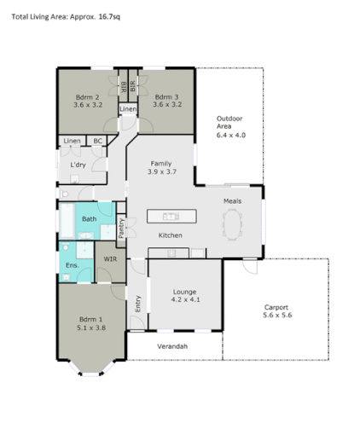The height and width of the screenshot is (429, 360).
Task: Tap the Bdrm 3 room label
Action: [168, 97]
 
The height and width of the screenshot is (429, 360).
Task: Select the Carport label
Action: [276, 307]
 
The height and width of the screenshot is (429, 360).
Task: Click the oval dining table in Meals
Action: [233, 223]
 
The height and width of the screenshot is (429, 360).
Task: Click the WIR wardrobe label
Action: [110, 258]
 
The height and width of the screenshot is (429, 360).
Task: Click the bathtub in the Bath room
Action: [65, 223]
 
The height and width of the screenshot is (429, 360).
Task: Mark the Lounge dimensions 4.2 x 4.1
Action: [184, 299]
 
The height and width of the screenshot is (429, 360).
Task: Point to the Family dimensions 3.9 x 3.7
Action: [161, 171]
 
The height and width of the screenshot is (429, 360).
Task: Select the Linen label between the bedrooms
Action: [127, 109]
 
